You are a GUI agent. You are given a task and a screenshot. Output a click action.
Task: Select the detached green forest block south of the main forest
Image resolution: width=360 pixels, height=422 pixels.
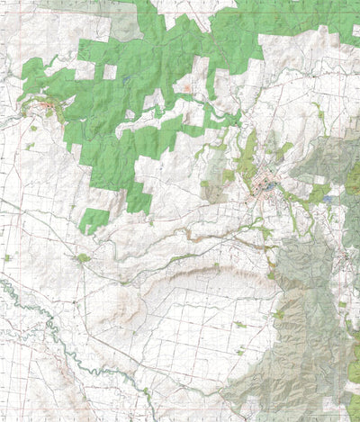(94, 219)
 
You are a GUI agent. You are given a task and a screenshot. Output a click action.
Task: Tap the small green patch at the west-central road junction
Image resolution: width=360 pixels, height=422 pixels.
(83, 259)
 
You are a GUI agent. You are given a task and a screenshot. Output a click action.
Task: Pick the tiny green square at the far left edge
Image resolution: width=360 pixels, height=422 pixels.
(7, 258)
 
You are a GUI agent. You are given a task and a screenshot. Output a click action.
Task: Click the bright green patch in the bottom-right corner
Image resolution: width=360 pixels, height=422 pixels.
(352, 369)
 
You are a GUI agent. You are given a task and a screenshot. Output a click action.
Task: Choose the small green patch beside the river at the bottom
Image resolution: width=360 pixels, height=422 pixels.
(145, 391)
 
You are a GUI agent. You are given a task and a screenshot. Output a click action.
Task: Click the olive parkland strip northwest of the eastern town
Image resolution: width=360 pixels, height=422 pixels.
(247, 148)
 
